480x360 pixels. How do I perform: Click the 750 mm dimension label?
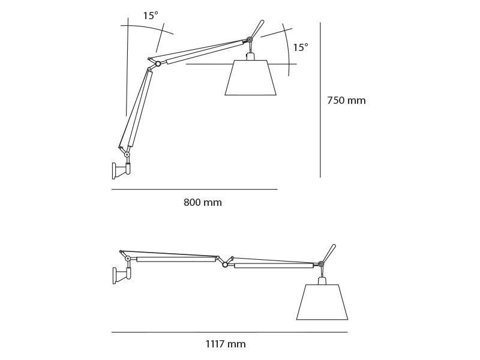pyautogui.click(x=346, y=101)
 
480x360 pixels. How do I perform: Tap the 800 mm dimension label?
pyautogui.click(x=203, y=203)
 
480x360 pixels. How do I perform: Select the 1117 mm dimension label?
pyautogui.click(x=226, y=344)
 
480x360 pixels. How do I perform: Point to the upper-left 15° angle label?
pyautogui.click(x=151, y=16)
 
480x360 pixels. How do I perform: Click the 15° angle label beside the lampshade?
pyautogui.click(x=300, y=47)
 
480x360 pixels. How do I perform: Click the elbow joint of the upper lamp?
pyautogui.click(x=158, y=64)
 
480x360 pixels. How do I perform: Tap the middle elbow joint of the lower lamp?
pyautogui.click(x=225, y=264)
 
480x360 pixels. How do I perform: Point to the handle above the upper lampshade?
pyautogui.click(x=257, y=28)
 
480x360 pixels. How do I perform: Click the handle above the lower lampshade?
pyautogui.click(x=329, y=252)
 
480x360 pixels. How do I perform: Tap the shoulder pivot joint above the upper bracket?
pyautogui.click(x=127, y=155)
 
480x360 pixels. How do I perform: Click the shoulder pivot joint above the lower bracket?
pyautogui.click(x=128, y=259)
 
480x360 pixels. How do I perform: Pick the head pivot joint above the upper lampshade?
pyautogui.click(x=250, y=40)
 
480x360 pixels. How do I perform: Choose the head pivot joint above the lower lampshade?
pyautogui.click(x=321, y=264)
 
